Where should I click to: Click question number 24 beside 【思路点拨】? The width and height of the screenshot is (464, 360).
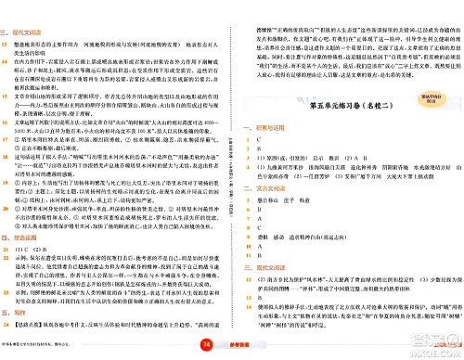pyautogui.click(x=18, y=331)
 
